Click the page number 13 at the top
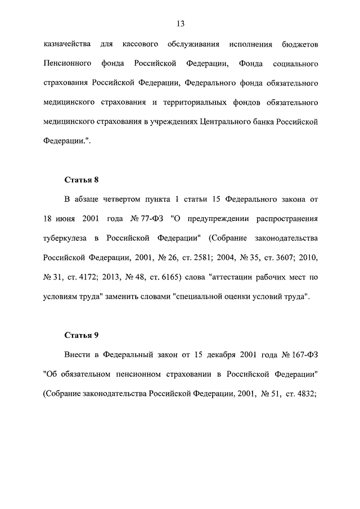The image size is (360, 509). [180, 24]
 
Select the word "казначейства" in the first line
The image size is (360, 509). [66, 44]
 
